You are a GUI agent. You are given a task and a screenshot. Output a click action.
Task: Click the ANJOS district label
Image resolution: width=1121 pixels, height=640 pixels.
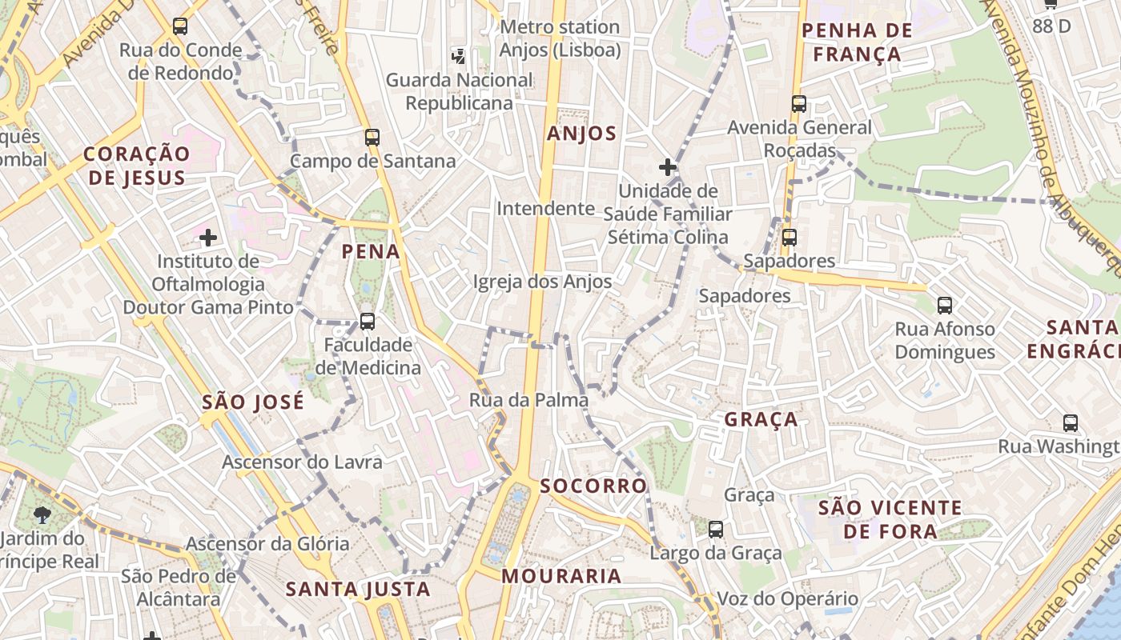click(x=582, y=134)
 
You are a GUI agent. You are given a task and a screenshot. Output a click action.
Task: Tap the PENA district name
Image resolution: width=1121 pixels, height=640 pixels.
click(x=371, y=252)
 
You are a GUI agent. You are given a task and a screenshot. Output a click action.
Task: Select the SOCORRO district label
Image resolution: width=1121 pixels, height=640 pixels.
click(x=593, y=486)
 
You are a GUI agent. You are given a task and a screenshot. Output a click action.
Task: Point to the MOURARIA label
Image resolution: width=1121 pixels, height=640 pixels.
click(x=561, y=576)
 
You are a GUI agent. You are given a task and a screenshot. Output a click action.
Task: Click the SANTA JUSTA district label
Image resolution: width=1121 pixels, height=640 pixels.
click(x=359, y=590)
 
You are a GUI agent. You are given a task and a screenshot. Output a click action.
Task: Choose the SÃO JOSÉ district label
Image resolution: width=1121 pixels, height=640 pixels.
click(x=253, y=402)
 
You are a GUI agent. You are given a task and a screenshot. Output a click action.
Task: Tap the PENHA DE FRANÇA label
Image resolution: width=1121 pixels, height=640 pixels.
click(x=857, y=42)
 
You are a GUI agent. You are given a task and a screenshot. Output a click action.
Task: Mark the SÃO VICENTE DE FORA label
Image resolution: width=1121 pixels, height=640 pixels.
click(x=890, y=519)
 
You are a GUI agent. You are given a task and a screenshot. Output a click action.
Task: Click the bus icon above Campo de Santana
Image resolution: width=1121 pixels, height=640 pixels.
click(x=372, y=137)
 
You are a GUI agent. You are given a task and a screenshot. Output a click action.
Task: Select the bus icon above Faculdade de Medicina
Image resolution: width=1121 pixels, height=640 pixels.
click(x=368, y=322)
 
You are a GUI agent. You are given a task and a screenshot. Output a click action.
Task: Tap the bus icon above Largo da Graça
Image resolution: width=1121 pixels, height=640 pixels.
click(x=716, y=529)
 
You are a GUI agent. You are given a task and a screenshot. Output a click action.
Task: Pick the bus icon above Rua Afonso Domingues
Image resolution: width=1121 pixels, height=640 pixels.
click(x=945, y=305)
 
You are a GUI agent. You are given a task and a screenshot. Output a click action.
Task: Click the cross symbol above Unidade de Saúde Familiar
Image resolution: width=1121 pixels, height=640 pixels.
click(x=667, y=167)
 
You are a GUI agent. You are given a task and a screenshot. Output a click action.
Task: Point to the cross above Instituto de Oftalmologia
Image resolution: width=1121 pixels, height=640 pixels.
click(x=208, y=238)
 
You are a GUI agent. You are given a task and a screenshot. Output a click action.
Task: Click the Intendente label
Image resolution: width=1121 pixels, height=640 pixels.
click(x=546, y=209)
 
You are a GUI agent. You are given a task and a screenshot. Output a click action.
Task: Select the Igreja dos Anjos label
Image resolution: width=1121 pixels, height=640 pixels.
click(x=542, y=282)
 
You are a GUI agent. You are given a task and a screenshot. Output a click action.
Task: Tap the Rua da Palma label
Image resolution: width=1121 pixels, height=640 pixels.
click(x=528, y=400)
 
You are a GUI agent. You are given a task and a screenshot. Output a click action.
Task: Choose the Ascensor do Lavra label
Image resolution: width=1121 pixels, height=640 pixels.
click(x=302, y=462)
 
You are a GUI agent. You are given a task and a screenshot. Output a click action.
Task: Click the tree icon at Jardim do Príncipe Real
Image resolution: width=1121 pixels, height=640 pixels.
click(x=42, y=515)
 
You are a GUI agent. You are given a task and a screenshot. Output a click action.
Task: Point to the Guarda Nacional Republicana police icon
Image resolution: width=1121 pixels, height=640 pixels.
click(x=459, y=56)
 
